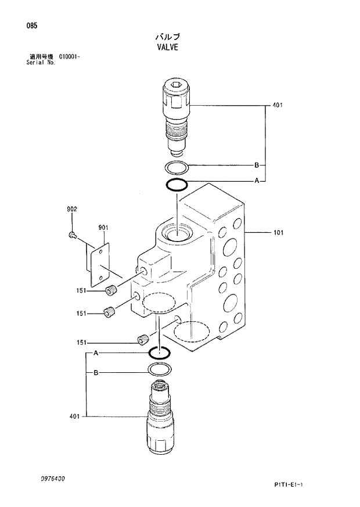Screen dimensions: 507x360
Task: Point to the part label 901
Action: (103, 228)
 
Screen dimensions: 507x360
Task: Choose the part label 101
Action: (278, 233)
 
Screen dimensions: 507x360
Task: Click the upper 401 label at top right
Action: (277, 106)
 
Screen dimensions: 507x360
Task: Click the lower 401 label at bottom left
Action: (74, 416)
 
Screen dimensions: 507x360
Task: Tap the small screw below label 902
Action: (72, 234)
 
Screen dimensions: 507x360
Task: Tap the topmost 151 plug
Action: (111, 290)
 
